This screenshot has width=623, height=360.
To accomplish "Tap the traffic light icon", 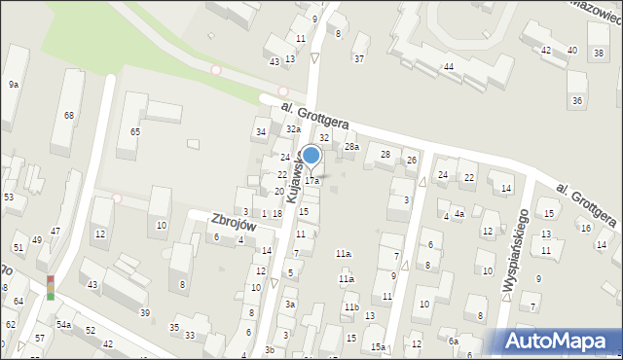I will coord(51,287).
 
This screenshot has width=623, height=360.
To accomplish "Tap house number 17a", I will coord(311,181).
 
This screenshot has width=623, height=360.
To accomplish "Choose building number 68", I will coord(69,116).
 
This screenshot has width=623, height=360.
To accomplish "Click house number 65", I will coord(135,131).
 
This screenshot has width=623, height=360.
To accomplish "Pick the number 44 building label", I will coord(449,66).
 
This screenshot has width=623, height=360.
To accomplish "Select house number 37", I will coord(359,59).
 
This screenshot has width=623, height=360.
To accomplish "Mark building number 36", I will coord(577,101).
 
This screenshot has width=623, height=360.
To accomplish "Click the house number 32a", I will coord(293,129).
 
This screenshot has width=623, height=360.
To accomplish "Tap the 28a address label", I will coord(351,147).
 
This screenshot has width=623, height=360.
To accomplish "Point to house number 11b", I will coord(350,307).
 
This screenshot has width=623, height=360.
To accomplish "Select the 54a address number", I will coord(63,324).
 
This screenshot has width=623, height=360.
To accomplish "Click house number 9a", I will coord(14,85).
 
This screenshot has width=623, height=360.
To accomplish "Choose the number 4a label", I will coord(459,213).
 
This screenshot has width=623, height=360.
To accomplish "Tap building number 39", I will coord(144,312).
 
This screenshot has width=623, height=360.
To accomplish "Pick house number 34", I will coord(260,132).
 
